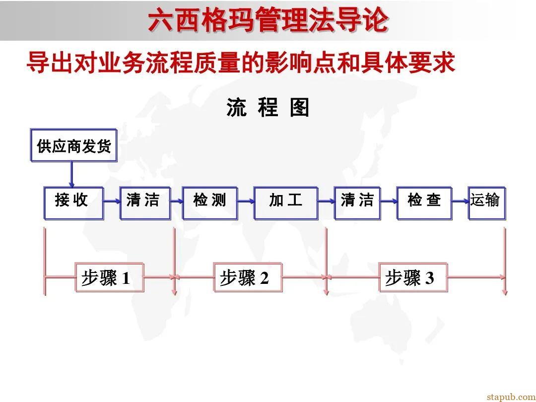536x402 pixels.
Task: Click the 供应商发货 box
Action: pos(73,146)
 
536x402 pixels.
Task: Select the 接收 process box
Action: pos(73,203)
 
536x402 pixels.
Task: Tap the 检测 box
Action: pos(209,203)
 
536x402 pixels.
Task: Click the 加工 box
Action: pos(285,203)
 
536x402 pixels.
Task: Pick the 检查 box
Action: pos(425,203)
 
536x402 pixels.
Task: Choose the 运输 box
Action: pos(486,203)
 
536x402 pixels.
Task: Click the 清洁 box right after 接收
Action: pos(145,203)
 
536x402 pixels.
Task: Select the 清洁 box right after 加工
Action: pos(357,203)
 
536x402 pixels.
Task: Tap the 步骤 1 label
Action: pos(109,277)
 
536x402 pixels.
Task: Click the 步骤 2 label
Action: pos(248,277)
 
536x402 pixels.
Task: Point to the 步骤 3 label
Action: pos(413,277)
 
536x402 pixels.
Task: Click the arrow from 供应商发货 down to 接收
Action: pos(71,175)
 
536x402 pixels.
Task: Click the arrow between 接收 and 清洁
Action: pos(112,201)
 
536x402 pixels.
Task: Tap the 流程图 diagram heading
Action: pos(268,108)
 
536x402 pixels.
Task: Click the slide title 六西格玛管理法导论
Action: pos(268,21)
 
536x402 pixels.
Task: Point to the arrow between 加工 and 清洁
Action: pos(326,201)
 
